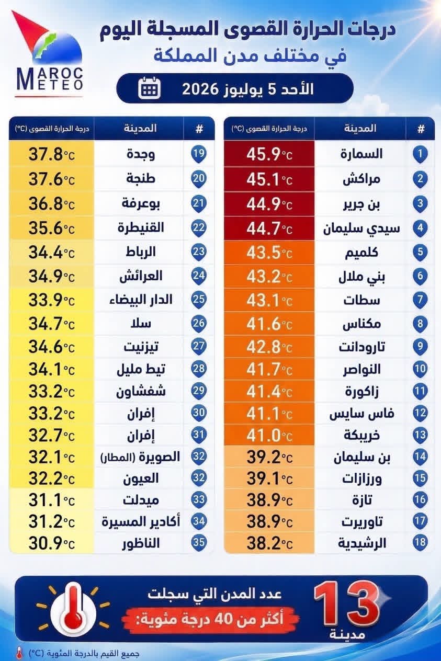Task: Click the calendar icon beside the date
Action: point(150,88)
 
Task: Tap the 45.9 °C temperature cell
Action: point(269,154)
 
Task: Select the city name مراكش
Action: point(361,179)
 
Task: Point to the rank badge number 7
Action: point(420,300)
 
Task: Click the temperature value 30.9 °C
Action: point(51,543)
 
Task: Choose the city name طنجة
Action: point(141,178)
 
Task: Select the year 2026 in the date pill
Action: point(199,89)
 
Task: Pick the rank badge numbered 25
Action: point(198,300)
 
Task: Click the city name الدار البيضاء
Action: point(141,300)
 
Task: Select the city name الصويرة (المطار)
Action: point(140,457)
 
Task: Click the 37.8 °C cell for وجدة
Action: point(51,154)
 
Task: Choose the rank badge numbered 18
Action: point(420,543)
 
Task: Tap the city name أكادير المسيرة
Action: point(141,522)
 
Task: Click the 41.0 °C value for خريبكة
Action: point(269,436)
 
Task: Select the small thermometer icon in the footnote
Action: point(19,652)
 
